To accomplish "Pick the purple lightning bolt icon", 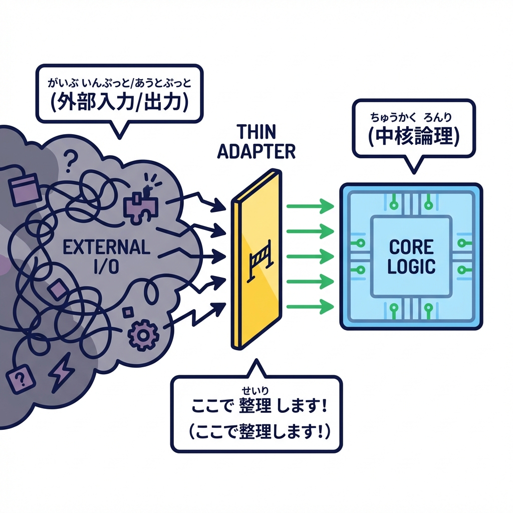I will (x=61, y=371).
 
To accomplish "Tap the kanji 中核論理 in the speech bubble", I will (x=413, y=137).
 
